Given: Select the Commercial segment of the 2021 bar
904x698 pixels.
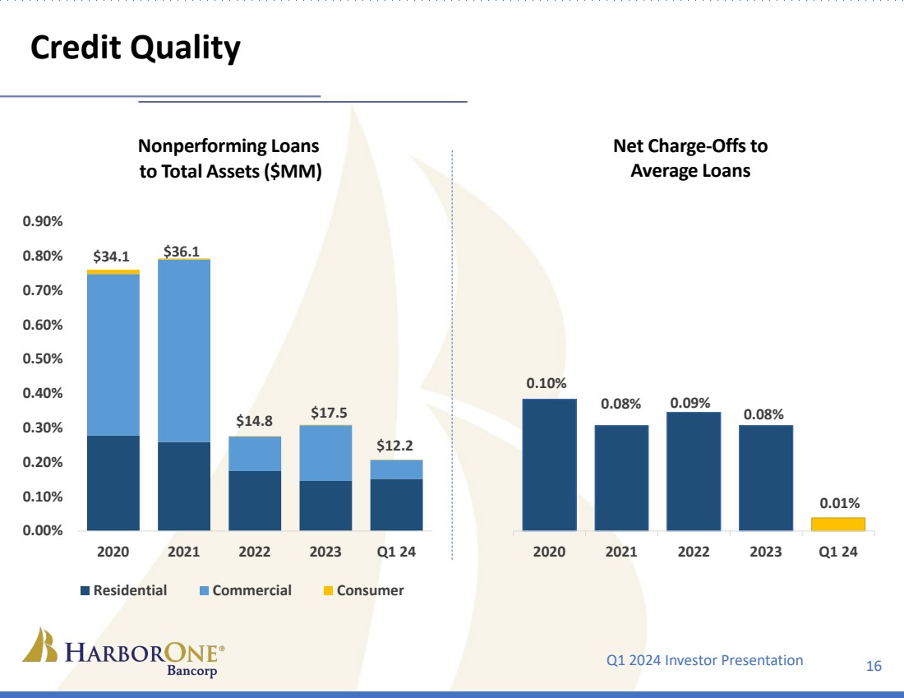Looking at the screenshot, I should (184, 350).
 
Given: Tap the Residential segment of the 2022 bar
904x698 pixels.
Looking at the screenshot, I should (255, 500).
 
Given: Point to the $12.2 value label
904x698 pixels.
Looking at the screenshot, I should (396, 446).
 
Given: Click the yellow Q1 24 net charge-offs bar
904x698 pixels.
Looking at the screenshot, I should (838, 524).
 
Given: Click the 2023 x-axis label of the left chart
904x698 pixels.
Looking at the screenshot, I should (325, 552).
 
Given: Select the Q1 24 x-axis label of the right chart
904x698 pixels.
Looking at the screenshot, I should (838, 552).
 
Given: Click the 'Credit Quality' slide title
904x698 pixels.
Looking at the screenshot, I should (136, 49).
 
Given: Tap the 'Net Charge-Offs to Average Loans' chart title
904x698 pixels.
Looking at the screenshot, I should (690, 159).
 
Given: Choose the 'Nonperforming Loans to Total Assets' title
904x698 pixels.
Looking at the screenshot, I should (228, 159).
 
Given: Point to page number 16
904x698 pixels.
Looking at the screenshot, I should (874, 665).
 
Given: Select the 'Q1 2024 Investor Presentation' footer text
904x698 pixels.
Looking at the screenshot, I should (704, 659).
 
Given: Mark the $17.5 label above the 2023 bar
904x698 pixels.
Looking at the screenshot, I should (325, 411).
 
